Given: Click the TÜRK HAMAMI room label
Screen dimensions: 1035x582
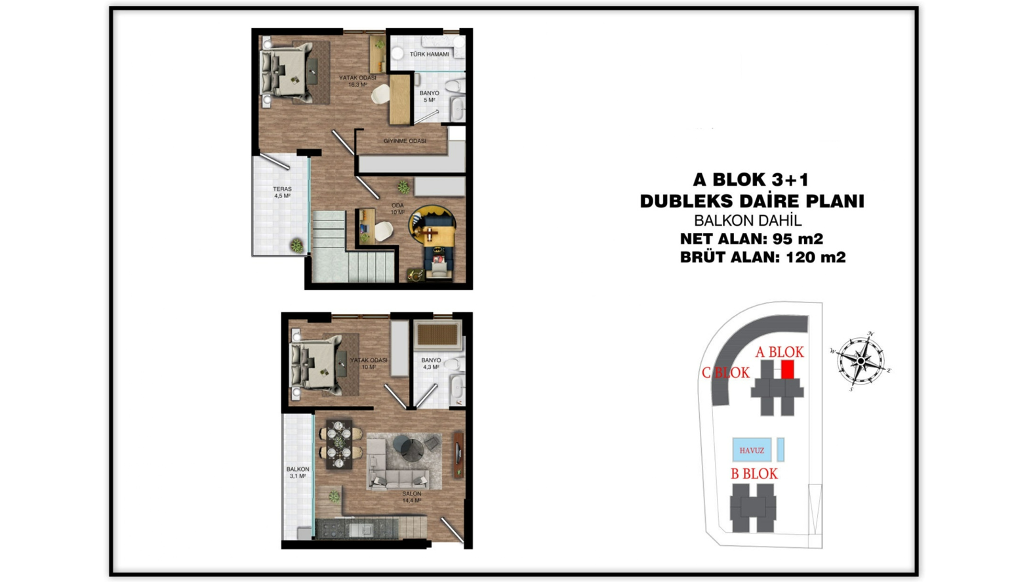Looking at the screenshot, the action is (x=429, y=54).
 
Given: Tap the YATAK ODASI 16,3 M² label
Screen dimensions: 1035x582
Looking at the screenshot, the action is (x=357, y=81).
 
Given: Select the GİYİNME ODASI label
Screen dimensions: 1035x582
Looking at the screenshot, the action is (x=405, y=141).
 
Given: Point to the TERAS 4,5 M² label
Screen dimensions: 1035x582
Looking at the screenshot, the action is (x=282, y=192).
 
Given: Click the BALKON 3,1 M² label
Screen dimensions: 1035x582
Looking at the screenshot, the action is (x=298, y=472).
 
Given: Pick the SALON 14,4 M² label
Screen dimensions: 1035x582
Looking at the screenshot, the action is (x=411, y=497).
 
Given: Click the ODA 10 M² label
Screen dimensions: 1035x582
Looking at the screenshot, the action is (x=397, y=209).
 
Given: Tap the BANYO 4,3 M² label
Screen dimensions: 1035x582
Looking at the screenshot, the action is (x=431, y=364).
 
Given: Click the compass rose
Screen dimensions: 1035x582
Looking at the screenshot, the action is (x=861, y=361).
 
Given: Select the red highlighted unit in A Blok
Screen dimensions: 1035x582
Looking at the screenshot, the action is (x=788, y=369).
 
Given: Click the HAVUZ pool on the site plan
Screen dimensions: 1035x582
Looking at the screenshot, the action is (x=752, y=450).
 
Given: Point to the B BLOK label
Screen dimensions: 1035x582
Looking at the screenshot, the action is (x=754, y=474).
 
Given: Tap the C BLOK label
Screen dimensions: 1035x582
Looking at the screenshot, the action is (x=725, y=373).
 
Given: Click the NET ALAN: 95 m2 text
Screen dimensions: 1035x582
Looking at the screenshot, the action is (x=751, y=239).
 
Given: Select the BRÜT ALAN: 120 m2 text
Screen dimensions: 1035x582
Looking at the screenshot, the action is (x=763, y=257).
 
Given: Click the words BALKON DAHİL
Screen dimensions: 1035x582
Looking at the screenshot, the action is (x=748, y=220).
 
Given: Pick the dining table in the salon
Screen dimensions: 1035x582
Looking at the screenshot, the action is (x=339, y=445).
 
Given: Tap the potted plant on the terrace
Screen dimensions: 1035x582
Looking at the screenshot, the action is (x=296, y=245).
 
